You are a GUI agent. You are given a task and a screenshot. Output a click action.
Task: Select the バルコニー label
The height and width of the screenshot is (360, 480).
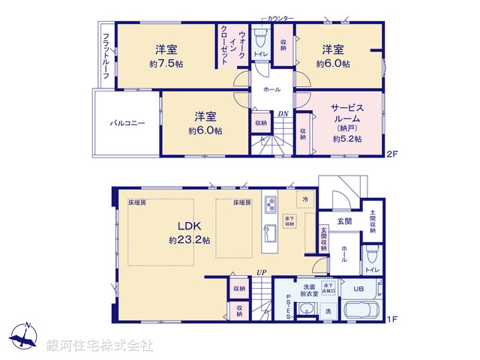(x=127, y=121)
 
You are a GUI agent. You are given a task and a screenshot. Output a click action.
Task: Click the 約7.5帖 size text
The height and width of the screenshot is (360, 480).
(x=166, y=65)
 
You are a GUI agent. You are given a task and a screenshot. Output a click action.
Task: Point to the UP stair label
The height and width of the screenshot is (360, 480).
(x=261, y=271)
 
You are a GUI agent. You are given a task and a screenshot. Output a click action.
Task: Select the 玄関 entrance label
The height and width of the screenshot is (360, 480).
(x=344, y=220)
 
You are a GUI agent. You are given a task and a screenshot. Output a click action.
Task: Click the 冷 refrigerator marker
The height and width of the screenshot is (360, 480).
(x=306, y=200)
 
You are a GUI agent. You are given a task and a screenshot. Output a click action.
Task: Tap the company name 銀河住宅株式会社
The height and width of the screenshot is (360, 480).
(x=100, y=345)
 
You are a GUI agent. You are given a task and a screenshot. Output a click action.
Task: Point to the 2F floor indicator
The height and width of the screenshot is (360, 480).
(x=390, y=155)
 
